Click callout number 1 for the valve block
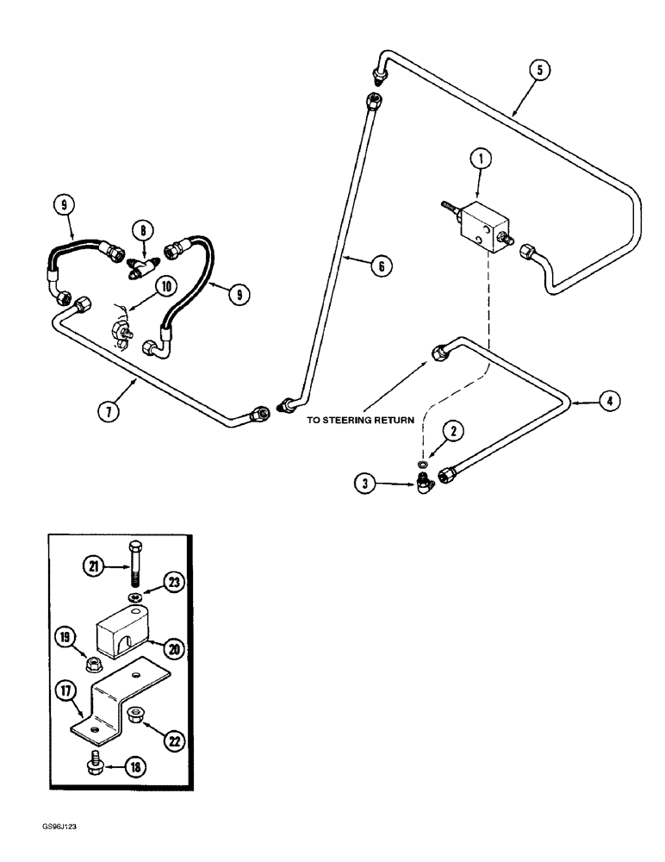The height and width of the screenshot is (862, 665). pyautogui.click(x=481, y=159)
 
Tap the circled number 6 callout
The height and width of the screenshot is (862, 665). pyautogui.click(x=378, y=268)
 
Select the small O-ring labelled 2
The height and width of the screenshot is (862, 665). pyautogui.click(x=424, y=463)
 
